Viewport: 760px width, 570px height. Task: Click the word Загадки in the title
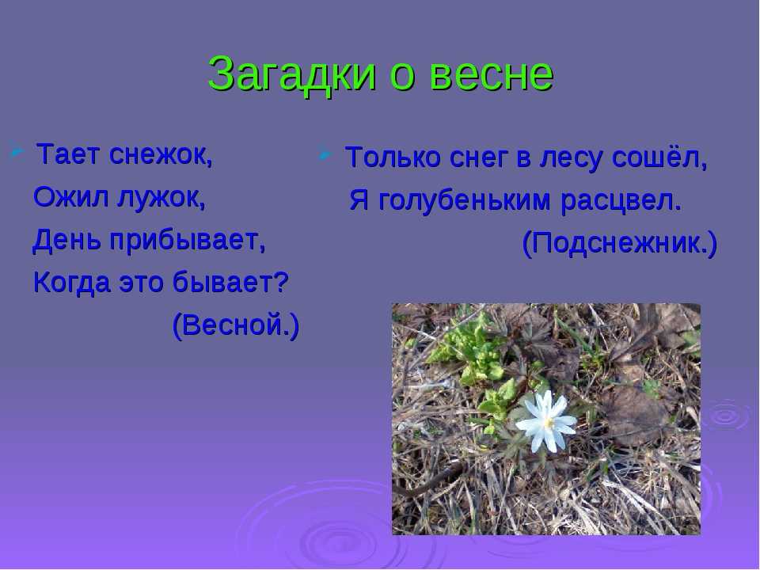click(x=291, y=74)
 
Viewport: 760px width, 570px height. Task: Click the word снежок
click(x=161, y=155)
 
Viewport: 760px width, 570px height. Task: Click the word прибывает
click(x=188, y=241)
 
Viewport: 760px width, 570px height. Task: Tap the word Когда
click(x=72, y=283)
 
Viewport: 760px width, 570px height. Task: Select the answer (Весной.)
click(x=236, y=325)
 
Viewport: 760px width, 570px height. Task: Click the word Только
click(x=393, y=158)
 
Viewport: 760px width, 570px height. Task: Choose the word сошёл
click(x=659, y=158)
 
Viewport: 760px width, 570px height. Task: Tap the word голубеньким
click(x=464, y=200)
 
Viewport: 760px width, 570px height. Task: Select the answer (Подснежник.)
click(x=619, y=244)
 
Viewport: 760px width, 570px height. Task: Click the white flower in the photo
click(x=546, y=420)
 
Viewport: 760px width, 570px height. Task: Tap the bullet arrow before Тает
click(x=17, y=151)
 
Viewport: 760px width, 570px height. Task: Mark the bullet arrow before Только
click(x=325, y=155)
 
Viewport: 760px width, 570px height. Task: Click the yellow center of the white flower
click(x=548, y=423)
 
